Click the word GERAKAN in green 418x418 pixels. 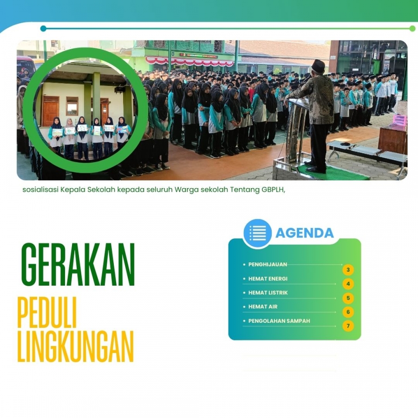click(x=78, y=264)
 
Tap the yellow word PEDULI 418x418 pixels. click(x=47, y=313)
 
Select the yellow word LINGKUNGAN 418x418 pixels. click(x=75, y=346)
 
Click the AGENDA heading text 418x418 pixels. click(x=304, y=233)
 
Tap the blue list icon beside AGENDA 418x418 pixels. click(x=257, y=233)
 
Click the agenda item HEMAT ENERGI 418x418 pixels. click(x=268, y=279)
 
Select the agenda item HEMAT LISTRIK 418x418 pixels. click(x=268, y=293)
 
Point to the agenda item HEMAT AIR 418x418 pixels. click(x=263, y=307)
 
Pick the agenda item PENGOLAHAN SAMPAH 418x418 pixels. click(x=279, y=320)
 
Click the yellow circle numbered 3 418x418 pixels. click(x=348, y=270)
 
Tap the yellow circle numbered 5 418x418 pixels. click(x=348, y=298)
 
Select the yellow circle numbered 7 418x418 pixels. click(x=348, y=326)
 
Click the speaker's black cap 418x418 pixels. click(x=318, y=64)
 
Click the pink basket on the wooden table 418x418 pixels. click(x=400, y=120)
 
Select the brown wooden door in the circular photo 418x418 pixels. click(x=51, y=111)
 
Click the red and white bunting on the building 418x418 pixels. click(x=190, y=62)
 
